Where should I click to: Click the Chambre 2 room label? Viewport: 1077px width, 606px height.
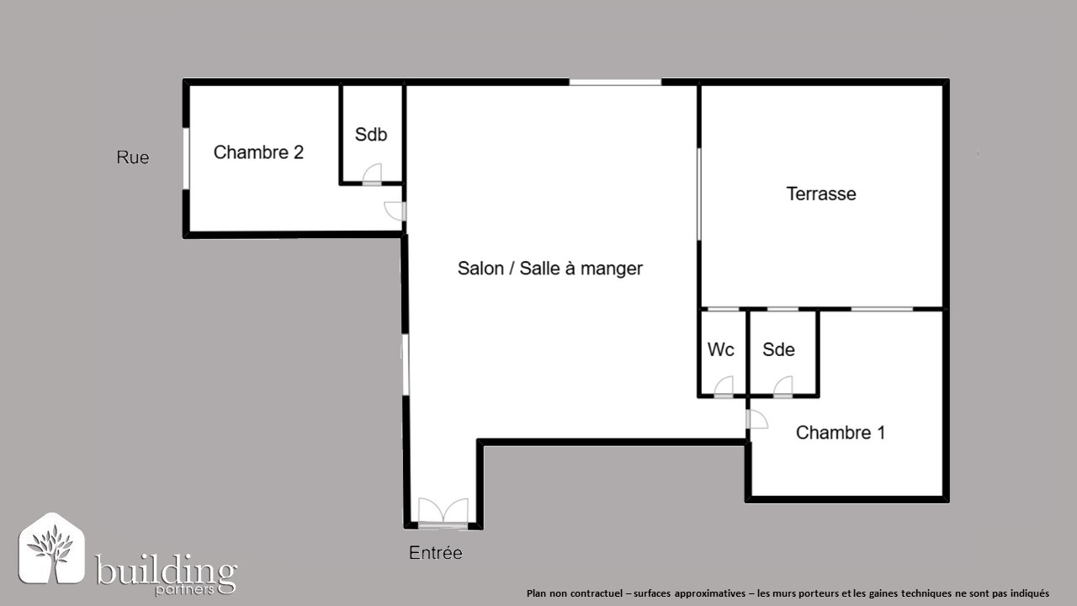pyautogui.click(x=258, y=152)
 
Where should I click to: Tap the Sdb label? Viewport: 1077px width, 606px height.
pyautogui.click(x=371, y=135)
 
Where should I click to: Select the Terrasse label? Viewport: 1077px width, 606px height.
pyautogui.click(x=821, y=194)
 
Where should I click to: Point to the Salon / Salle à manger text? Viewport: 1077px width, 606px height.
pyautogui.click(x=550, y=268)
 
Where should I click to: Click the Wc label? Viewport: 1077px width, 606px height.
pyautogui.click(x=721, y=349)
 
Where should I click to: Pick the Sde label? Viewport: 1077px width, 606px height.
pyautogui.click(x=778, y=349)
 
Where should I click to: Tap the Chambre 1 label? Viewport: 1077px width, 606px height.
pyautogui.click(x=841, y=433)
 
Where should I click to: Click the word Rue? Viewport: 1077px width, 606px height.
pyautogui.click(x=133, y=157)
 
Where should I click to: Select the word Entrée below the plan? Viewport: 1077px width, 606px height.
pyautogui.click(x=436, y=553)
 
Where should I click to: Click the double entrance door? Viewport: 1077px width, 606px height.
pyautogui.click(x=443, y=513)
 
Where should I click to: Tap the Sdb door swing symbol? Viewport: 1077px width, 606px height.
pyautogui.click(x=372, y=174)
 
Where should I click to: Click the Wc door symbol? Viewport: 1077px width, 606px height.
pyautogui.click(x=724, y=386)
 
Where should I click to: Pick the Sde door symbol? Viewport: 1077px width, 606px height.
pyautogui.click(x=783, y=386)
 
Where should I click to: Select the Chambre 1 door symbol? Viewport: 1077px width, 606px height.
pyautogui.click(x=756, y=419)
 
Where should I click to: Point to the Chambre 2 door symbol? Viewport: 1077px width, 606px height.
pyautogui.click(x=395, y=211)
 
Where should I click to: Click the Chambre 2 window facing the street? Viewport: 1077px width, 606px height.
pyautogui.click(x=186, y=159)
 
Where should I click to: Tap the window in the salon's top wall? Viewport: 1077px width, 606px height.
pyautogui.click(x=615, y=82)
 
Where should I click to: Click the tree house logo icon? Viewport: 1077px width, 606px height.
pyautogui.click(x=52, y=548)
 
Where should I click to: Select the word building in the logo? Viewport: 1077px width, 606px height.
pyautogui.click(x=166, y=570)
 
